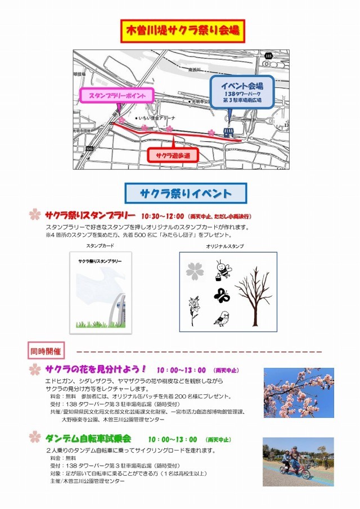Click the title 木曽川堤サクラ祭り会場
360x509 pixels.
tap(183, 30)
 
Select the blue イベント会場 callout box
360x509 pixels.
tap(242, 91)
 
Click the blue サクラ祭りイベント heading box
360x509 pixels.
tap(185, 193)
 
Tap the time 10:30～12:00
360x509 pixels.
tap(163, 216)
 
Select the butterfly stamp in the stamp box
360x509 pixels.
tap(222, 295)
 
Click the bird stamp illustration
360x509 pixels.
tap(221, 319)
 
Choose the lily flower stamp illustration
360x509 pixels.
tap(193, 311)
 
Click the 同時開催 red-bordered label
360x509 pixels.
tap(47, 352)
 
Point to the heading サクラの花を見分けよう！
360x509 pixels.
tap(96, 370)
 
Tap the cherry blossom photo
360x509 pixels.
tap(298, 393)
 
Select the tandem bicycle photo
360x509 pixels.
tap(298, 462)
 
